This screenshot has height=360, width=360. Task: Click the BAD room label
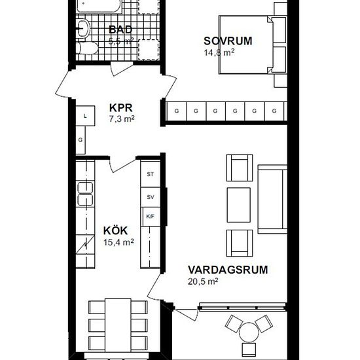[x=120, y=29]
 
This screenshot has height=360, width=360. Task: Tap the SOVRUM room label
[x=227, y=41]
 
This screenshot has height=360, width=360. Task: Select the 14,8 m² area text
[x=219, y=53]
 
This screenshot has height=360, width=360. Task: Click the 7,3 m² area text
[x=122, y=119]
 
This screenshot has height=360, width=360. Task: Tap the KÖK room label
[x=115, y=230]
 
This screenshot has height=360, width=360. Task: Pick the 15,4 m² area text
[x=118, y=242]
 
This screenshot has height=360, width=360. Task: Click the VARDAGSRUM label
[x=219, y=269]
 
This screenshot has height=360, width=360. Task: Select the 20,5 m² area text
[x=202, y=281]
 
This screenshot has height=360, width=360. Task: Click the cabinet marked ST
[x=151, y=174]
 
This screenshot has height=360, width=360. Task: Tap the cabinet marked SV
[x=151, y=196]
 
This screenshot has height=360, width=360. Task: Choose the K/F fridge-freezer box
[x=151, y=217]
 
